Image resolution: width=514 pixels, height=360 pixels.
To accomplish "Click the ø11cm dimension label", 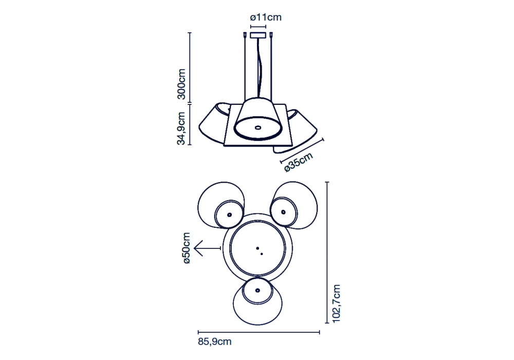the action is tap(266, 17).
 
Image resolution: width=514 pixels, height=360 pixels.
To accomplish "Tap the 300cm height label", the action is tap(181, 84).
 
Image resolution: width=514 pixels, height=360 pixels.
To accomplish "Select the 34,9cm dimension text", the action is tap(181, 128).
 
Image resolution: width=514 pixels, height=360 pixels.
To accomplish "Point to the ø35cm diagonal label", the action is tap(298, 162).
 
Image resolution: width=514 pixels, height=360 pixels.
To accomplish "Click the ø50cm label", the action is tap(186, 248).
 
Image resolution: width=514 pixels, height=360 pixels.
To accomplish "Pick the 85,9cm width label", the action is tap(215, 341).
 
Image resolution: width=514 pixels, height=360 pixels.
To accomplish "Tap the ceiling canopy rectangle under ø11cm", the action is tap(259, 35).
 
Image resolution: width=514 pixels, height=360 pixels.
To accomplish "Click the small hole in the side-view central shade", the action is tap(258, 127).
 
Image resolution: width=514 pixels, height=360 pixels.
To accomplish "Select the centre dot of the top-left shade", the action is tap(229, 215).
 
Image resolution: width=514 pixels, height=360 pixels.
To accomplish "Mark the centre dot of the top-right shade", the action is tap(283, 212).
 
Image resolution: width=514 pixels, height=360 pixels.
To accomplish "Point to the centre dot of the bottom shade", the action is tap(258, 290).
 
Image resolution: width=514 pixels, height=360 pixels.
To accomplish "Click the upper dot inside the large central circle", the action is tap(258, 248).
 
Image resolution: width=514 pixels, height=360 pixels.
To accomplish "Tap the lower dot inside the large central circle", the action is tap(262, 254).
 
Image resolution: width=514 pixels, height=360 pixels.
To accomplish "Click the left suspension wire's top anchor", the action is tap(245, 34).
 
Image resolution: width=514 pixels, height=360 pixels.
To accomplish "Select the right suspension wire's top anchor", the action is tap(272, 34).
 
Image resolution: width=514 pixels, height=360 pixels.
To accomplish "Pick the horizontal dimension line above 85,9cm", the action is tap(259, 332).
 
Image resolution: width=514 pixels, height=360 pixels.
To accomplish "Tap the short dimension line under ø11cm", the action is tap(259, 26).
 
